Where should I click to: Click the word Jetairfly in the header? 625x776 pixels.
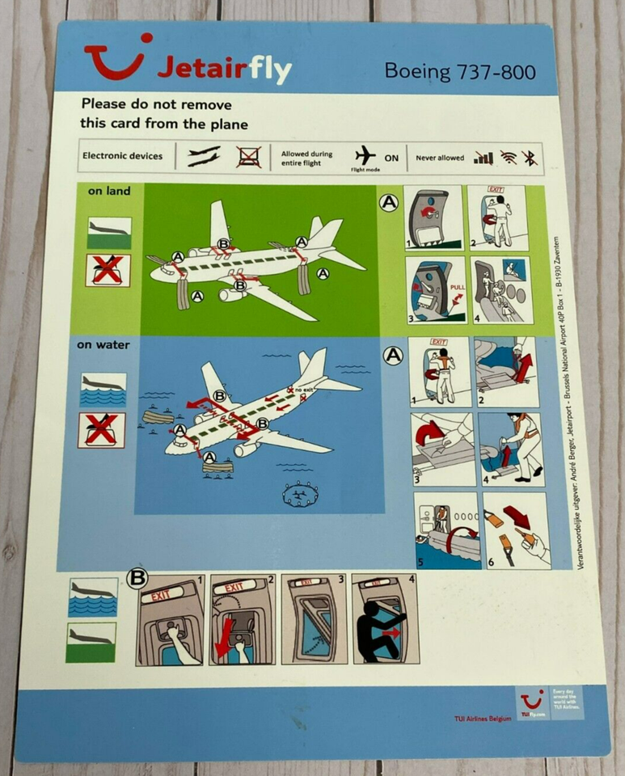point(223,70)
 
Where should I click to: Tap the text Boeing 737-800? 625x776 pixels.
point(459,71)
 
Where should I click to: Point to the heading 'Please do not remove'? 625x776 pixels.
point(155,104)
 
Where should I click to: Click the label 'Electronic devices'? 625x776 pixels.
point(123,156)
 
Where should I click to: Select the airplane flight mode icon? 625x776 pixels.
point(366,154)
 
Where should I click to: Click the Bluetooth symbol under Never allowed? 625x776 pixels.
point(529,158)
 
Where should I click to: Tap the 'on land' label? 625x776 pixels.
point(109,192)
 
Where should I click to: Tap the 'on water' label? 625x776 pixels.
point(103,345)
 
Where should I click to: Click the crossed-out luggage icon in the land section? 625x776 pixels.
point(108,270)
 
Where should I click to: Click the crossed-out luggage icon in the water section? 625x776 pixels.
point(102,429)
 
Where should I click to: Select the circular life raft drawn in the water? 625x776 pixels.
point(300,493)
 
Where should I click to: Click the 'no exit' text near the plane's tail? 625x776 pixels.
point(305,390)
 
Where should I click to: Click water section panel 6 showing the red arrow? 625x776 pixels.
point(515,530)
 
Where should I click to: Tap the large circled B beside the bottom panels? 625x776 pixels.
point(137,578)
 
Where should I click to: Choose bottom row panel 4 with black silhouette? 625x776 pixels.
point(385,619)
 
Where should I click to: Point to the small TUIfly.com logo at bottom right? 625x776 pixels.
point(531,703)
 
